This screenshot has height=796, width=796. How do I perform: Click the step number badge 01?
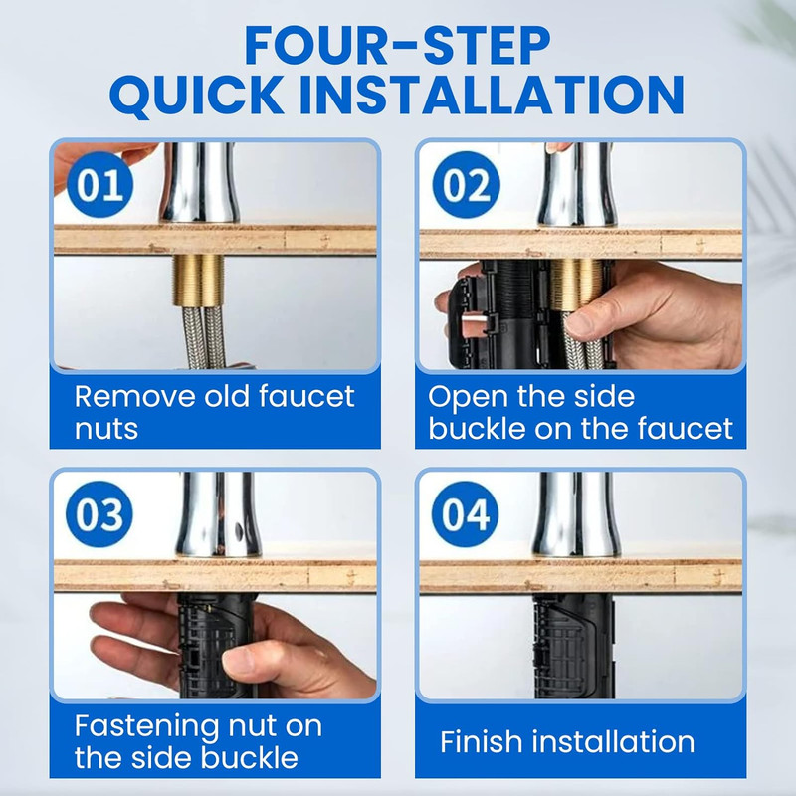[x=99, y=185]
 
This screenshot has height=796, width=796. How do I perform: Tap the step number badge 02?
[x=466, y=185]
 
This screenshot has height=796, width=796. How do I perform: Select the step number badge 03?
[x=99, y=514]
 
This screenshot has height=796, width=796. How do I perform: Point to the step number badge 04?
[x=465, y=514]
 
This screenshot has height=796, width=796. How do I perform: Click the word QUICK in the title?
[x=197, y=95]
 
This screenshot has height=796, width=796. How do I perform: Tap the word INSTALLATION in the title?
[x=492, y=95]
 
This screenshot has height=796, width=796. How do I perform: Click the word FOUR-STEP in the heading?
[x=397, y=45]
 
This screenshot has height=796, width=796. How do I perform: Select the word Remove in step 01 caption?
[x=134, y=396]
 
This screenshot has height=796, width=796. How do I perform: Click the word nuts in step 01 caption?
[x=106, y=429]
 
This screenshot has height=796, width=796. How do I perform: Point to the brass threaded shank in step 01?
[x=198, y=281]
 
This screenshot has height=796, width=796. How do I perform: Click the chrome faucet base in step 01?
[x=200, y=183]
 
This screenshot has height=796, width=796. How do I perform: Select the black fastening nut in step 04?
[x=574, y=645]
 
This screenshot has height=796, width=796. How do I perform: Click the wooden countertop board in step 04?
[x=581, y=576]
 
